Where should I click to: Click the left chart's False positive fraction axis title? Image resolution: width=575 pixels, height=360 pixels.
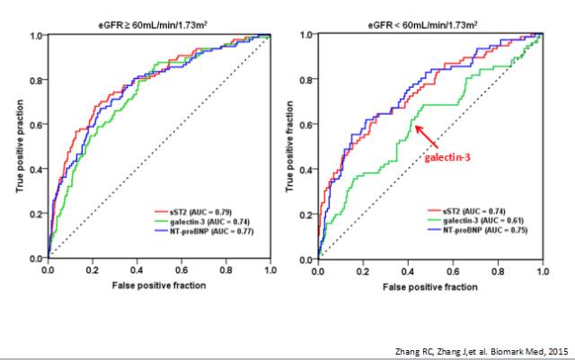coord(159,285)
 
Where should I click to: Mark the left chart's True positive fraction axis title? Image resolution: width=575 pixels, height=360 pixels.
coord(15,146)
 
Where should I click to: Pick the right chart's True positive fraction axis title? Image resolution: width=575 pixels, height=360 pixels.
coord(289,146)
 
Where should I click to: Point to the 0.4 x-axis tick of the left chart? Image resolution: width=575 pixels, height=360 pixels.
coord(137,268)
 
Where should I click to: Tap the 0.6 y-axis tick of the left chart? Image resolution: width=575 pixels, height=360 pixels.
coord(36,125)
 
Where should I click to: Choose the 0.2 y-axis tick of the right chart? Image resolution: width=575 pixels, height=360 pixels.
coord(305,214)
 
